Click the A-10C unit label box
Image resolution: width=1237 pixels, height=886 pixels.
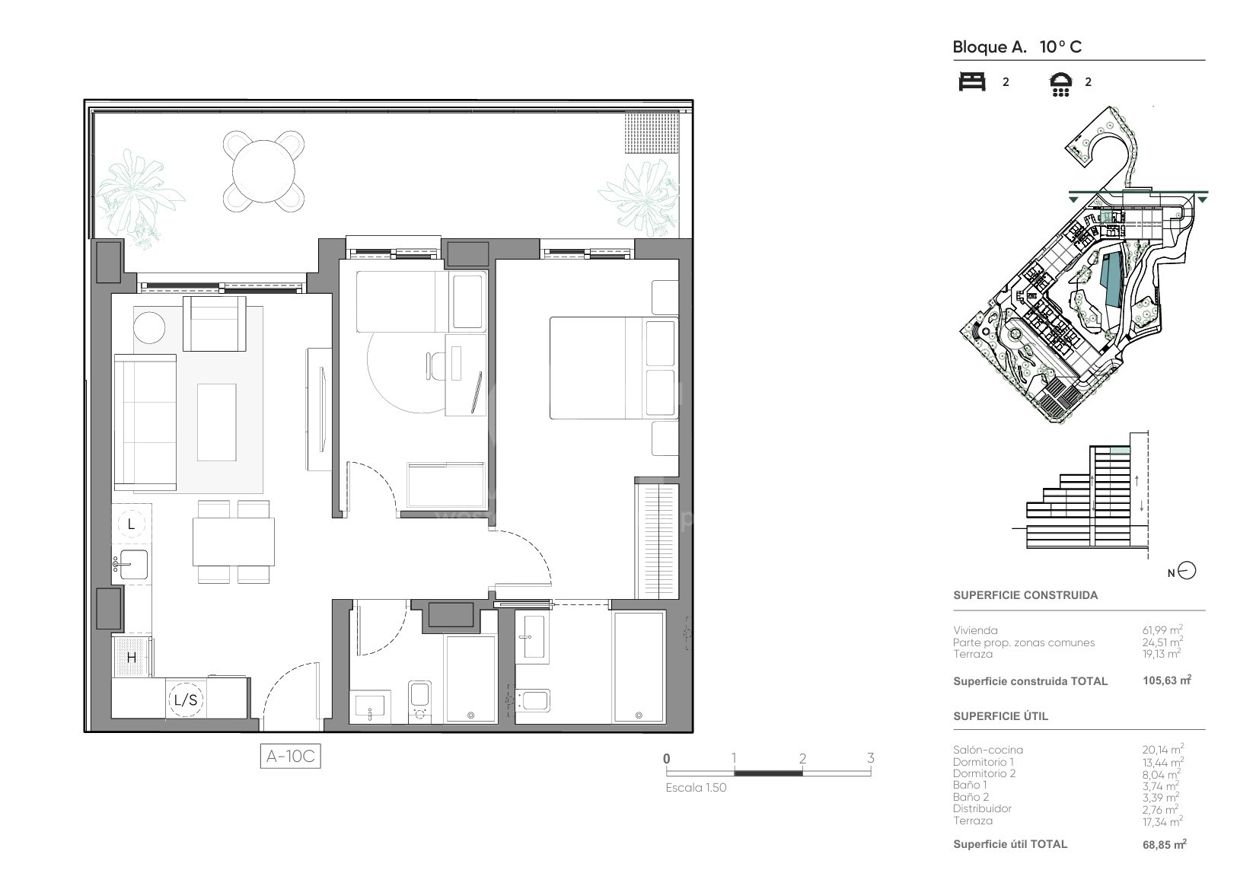291,756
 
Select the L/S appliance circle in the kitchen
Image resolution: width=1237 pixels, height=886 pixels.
186,700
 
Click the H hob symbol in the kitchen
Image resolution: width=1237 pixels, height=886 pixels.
132,657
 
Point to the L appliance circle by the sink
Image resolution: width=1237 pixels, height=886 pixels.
131,524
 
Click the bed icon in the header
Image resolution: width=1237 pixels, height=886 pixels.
972,82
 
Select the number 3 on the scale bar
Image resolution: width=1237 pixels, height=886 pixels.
870,758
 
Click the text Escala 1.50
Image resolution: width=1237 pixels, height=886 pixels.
696,788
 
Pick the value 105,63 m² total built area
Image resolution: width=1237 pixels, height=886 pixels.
1167,680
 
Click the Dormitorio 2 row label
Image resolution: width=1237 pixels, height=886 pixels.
984,773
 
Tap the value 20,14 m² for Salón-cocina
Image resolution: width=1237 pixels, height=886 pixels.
1163,749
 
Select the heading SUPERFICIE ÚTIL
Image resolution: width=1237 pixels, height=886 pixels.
1001,716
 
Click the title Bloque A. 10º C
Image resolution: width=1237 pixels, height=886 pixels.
1017,47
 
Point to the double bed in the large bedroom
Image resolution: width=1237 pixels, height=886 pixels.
614,368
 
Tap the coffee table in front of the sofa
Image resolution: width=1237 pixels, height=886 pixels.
216,422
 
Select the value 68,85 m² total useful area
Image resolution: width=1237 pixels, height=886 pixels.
1165,845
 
